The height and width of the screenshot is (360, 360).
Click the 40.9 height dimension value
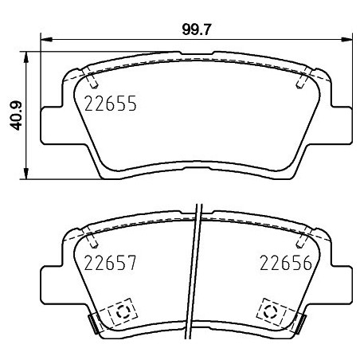point(15,114)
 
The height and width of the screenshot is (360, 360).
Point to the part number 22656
point(283,264)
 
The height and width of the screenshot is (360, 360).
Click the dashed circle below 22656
point(271,311)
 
